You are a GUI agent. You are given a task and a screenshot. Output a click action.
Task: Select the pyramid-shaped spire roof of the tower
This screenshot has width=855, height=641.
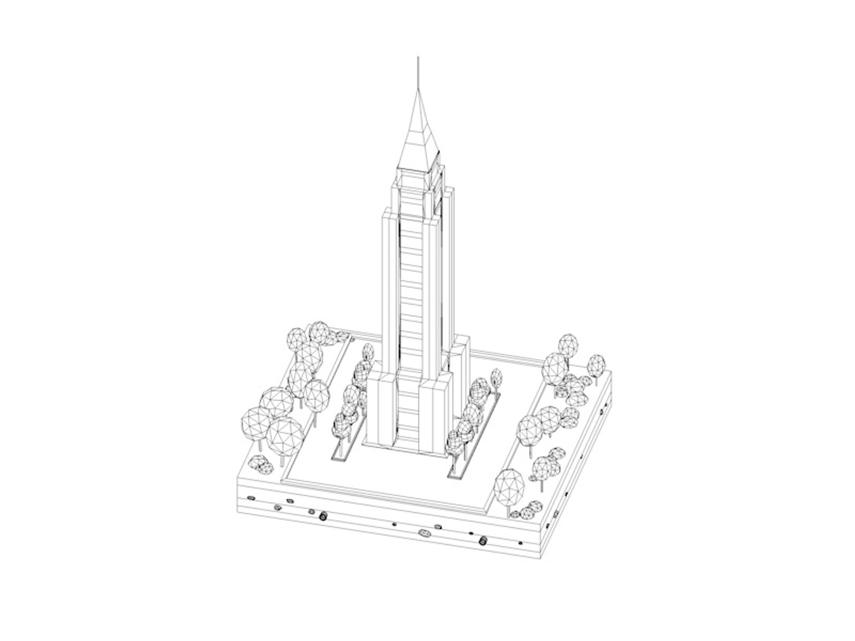coord(419,139)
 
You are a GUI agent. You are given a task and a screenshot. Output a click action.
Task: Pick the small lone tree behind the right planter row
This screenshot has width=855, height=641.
coord(496,377)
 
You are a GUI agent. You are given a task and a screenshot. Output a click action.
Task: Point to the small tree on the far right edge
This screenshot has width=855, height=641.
coord(596,363)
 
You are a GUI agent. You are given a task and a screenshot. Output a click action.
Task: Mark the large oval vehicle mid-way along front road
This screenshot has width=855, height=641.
coord(425,533)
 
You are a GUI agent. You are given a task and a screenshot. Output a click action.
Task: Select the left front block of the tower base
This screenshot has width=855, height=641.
coord(381,410)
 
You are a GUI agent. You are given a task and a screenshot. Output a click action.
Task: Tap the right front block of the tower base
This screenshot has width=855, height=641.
coord(436,418)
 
